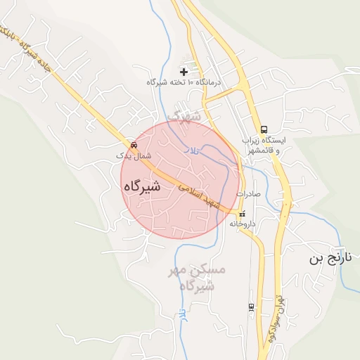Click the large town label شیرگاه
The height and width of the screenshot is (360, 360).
pyautogui.click(x=142, y=186)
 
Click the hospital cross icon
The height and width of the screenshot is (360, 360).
pyautogui.click(x=184, y=72)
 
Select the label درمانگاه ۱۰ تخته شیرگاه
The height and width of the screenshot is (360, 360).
pyautogui.click(x=184, y=83)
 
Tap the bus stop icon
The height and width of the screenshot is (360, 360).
pyautogui.click(x=264, y=129)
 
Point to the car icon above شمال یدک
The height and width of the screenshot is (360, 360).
pyautogui.click(x=134, y=145)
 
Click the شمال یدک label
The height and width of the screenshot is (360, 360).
pyautogui.click(x=132, y=155)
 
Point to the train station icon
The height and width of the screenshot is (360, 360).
pyautogui.click(x=251, y=307)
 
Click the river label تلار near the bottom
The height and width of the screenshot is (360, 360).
pyautogui.click(x=182, y=316)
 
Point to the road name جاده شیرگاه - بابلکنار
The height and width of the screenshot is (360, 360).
pyautogui.click(x=28, y=46)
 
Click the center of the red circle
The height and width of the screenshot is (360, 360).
pyautogui.click(x=180, y=179)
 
